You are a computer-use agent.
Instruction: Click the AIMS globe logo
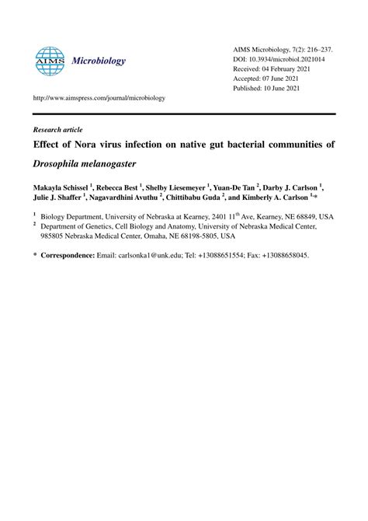(x=50, y=61)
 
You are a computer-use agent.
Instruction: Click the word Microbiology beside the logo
(x=98, y=61)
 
